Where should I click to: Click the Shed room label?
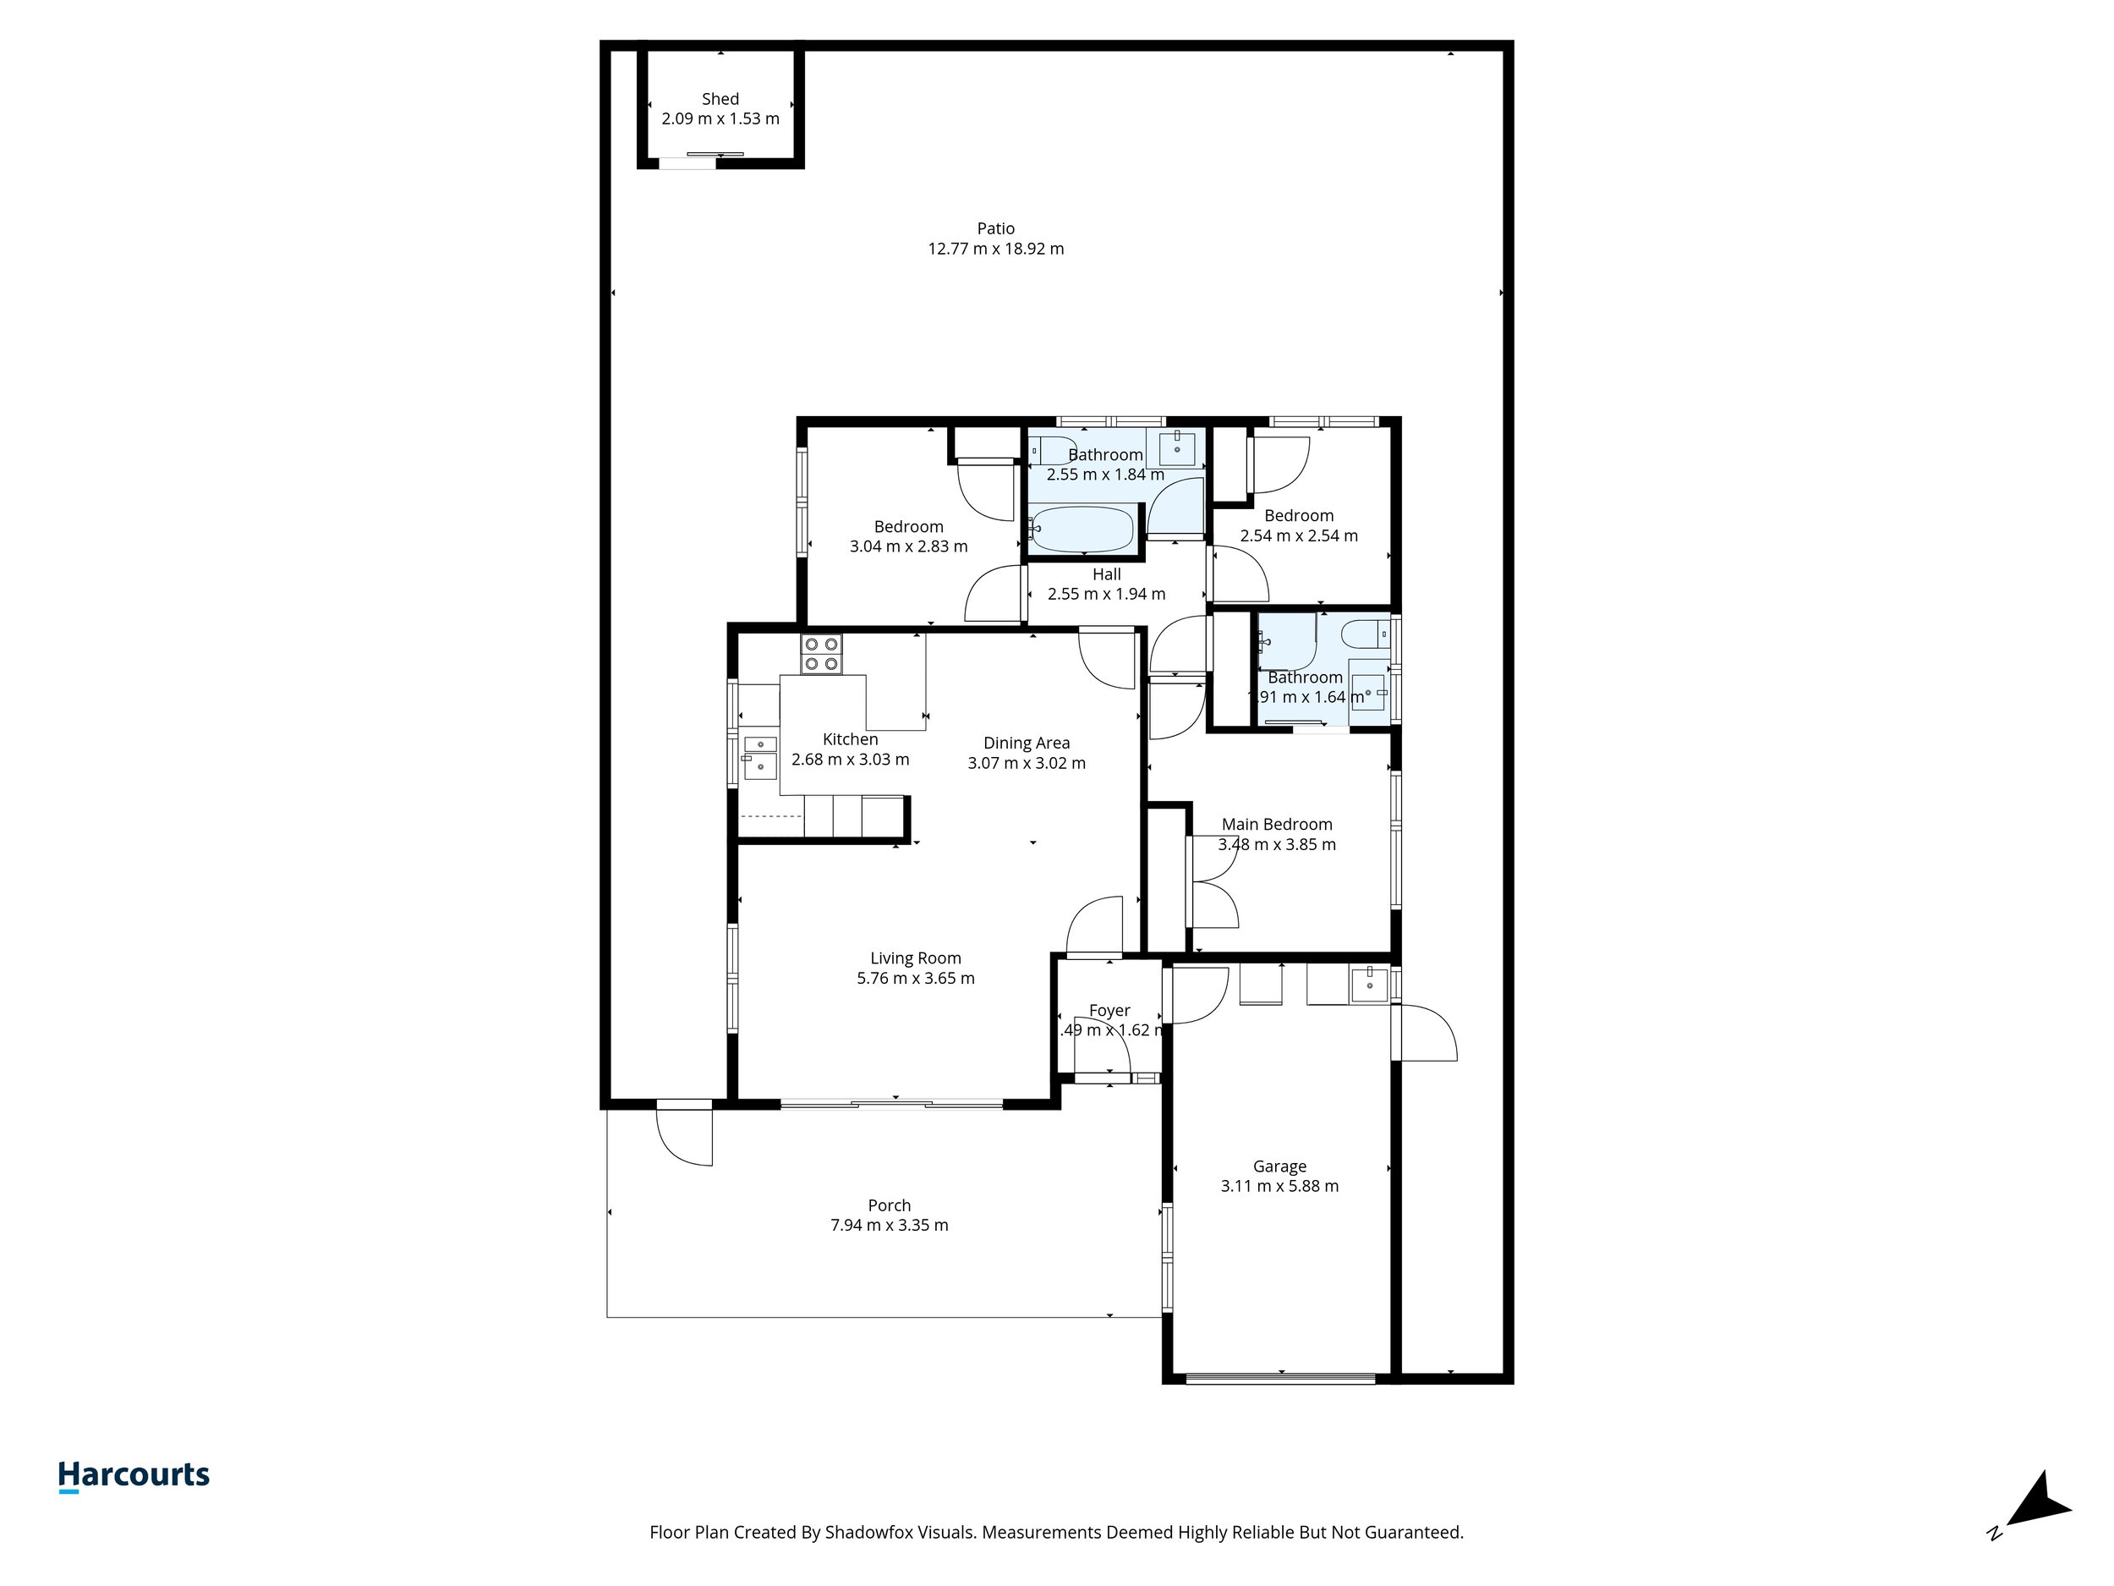pos(720,98)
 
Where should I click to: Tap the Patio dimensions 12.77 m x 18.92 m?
pos(995,249)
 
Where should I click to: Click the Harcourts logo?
pos(134,1475)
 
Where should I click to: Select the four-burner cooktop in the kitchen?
pos(821,654)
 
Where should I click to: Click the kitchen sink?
pos(760,757)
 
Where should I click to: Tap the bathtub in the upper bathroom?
pos(1083,529)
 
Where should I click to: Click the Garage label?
pos(1279,1166)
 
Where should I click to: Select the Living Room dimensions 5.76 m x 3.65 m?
pos(915,978)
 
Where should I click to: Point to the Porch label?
pos(889,1205)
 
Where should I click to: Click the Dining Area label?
pos(1027,743)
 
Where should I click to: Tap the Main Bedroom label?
pos(1276,824)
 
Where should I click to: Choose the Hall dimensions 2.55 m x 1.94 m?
pos(1106,594)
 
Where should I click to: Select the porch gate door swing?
pos(685,1136)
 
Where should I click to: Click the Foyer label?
pos(1109,1011)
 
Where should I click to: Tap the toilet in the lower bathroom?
pos(1364,634)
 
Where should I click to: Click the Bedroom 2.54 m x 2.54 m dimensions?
pos(1298,535)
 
